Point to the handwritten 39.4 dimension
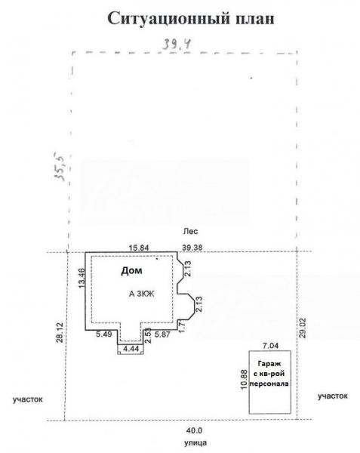coord(177,45)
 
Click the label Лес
coord(191,232)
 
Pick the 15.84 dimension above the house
coord(139,248)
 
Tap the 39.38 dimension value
coord(192,248)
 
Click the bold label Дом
coord(131,271)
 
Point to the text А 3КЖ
coord(141,294)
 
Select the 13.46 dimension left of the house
coord(82,278)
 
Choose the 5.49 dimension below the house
coord(104,334)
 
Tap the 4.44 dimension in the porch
coord(131,349)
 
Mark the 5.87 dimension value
coord(162,334)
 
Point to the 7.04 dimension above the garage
coord(270,345)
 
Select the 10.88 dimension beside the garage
coord(245,380)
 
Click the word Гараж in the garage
coord(269,363)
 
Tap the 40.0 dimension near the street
coord(194,431)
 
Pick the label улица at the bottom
coord(195,442)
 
